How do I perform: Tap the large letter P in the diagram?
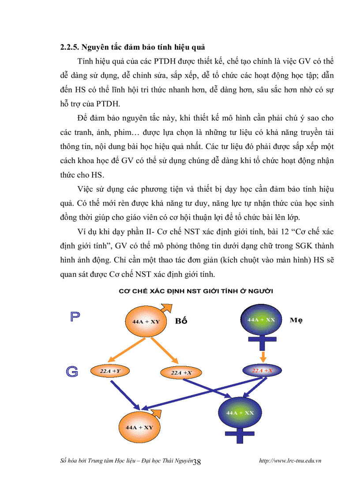click(x=75, y=317)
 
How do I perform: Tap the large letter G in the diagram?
click(x=72, y=372)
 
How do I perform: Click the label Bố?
click(x=181, y=321)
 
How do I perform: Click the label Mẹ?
click(x=296, y=320)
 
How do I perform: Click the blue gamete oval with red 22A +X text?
click(x=263, y=371)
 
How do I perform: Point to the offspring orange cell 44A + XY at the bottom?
click(x=139, y=427)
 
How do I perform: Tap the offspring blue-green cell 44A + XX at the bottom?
click(x=240, y=413)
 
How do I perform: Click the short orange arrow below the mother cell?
click(x=262, y=355)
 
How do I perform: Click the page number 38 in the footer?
click(x=197, y=462)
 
